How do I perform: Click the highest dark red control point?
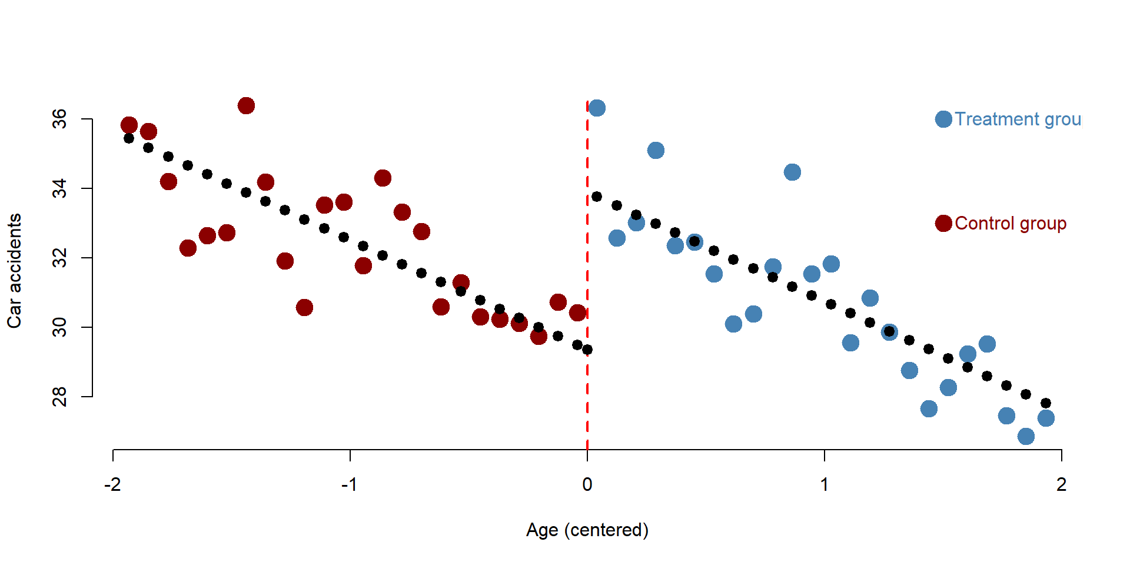click(246, 106)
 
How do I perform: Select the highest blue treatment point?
click(597, 108)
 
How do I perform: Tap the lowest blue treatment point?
click(1026, 436)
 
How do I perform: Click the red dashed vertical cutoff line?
click(587, 275)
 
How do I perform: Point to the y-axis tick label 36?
click(59, 119)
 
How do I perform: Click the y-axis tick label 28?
click(59, 397)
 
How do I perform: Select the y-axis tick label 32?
click(59, 258)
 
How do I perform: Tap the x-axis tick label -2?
click(112, 484)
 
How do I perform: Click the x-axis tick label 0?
click(587, 484)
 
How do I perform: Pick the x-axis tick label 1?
click(825, 484)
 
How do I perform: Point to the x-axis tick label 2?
click(1062, 484)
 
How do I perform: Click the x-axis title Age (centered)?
click(587, 530)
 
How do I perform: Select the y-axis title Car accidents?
click(14, 271)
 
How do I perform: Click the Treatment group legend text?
click(1018, 119)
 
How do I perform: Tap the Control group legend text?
click(1011, 224)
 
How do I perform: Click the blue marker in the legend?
click(943, 119)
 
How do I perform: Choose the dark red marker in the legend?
click(943, 224)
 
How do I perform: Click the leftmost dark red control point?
click(129, 125)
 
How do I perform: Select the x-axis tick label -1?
click(350, 484)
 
